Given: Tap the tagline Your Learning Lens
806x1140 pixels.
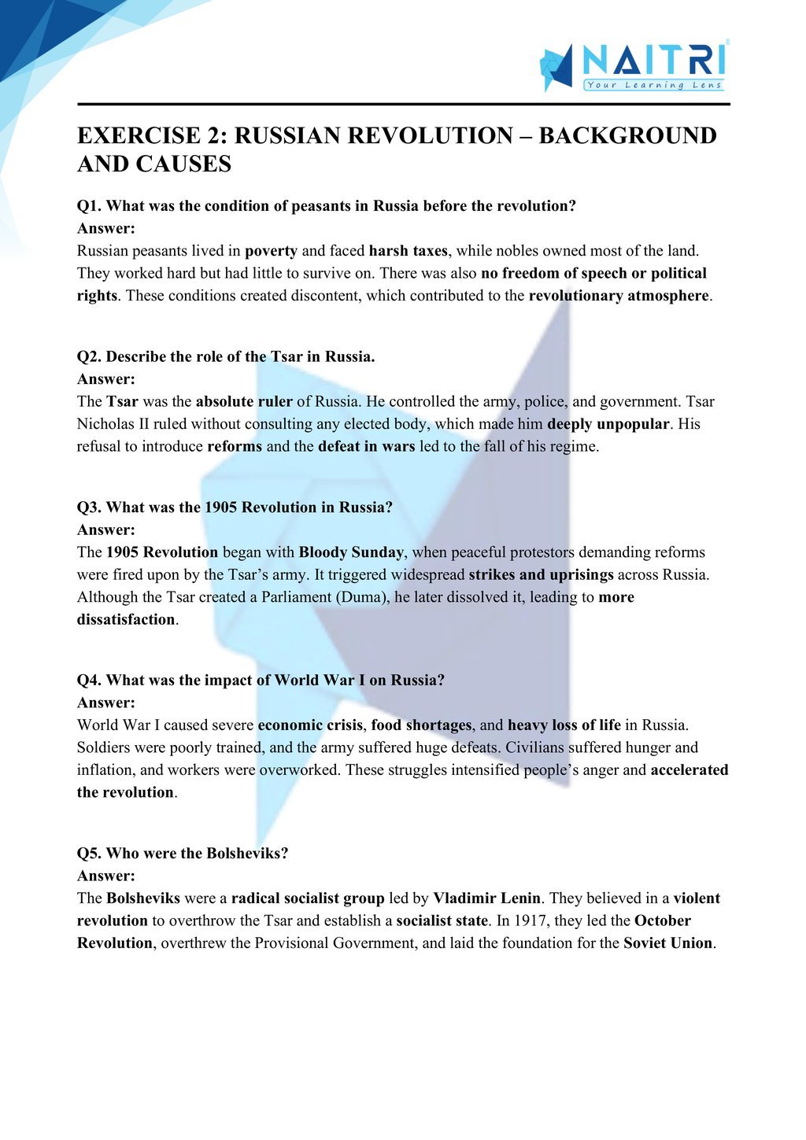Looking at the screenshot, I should pos(653,85).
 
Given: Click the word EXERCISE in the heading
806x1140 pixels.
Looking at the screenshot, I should pos(139,136).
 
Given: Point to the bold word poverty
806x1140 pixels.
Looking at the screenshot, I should pos(271,251).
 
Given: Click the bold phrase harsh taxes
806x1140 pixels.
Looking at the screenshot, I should pos(408,251).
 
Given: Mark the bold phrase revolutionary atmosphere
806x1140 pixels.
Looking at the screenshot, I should pos(619,296).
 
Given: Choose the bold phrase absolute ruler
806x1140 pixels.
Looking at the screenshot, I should pos(244,401).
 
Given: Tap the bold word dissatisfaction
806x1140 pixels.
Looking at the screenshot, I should pos(126,620).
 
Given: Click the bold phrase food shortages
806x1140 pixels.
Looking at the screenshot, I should pos(421,725).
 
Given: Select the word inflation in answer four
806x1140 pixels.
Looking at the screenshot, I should pos(106,770).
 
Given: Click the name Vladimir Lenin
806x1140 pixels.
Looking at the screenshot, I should pos(486,898).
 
